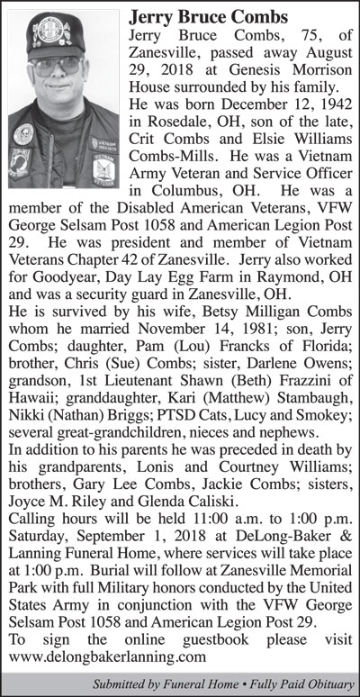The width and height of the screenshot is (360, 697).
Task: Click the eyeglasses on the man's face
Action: click(59, 65)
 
